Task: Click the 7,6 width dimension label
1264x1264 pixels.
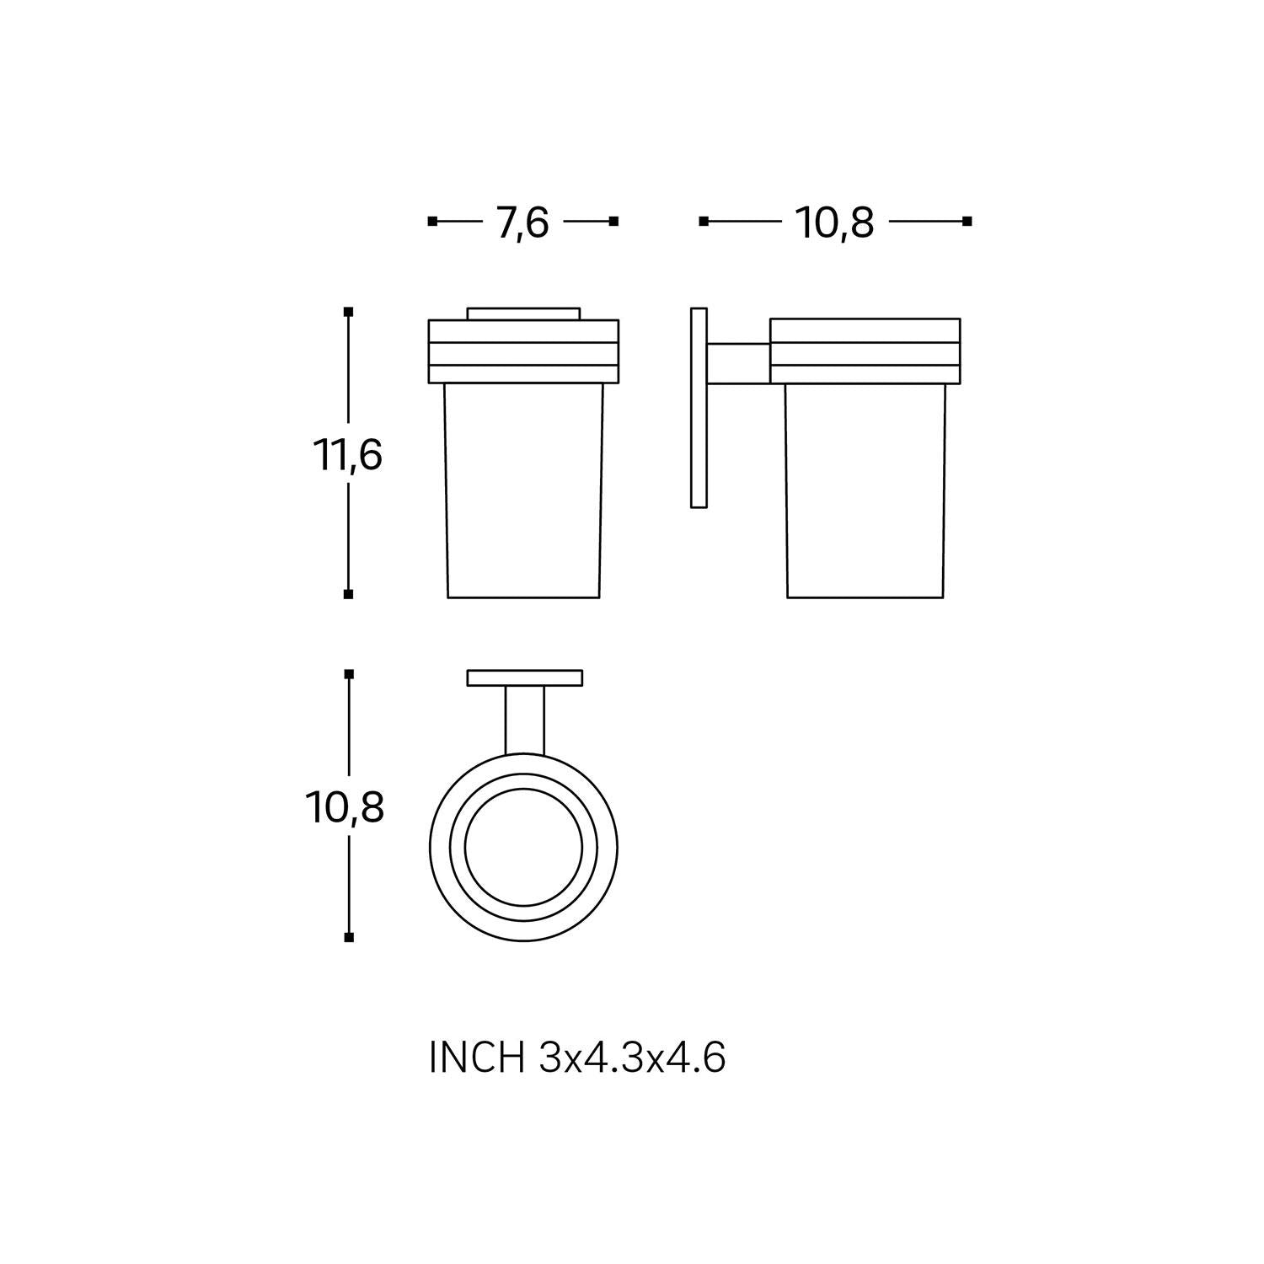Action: click(x=522, y=223)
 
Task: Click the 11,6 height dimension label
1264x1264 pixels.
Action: click(x=348, y=455)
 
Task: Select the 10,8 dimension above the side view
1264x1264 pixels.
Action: click(x=834, y=223)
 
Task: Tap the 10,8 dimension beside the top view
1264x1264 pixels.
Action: click(x=345, y=808)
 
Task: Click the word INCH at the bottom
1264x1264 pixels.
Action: click(x=477, y=1058)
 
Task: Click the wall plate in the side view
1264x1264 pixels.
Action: click(x=698, y=408)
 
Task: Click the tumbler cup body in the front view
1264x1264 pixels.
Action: click(x=523, y=490)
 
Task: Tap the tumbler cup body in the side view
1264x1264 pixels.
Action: click(x=865, y=490)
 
